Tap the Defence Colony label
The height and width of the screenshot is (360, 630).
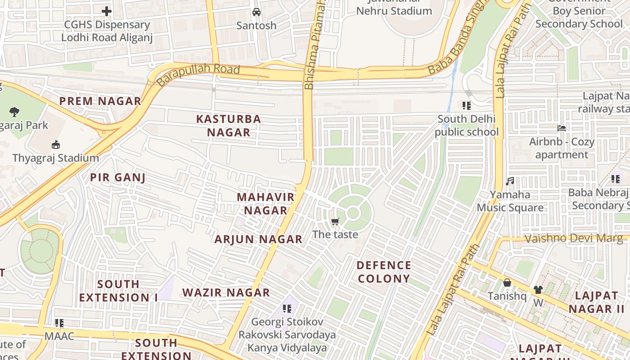pyautogui.click(x=384, y=272)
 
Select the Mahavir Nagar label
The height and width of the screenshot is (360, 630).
pyautogui.click(x=265, y=203)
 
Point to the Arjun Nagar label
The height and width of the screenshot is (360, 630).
pyautogui.click(x=258, y=239)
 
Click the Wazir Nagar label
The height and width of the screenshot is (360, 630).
pyautogui.click(x=226, y=292)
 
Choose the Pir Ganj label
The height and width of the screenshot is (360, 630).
pyautogui.click(x=117, y=177)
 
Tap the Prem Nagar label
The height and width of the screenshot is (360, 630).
pyautogui.click(x=100, y=101)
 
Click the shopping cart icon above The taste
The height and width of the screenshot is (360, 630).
pyautogui.click(x=335, y=221)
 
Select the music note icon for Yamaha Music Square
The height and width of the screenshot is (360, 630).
pyautogui.click(x=510, y=181)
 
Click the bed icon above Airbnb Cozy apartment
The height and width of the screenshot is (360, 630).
pyautogui.click(x=561, y=128)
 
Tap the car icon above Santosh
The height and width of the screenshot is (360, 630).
pyautogui.click(x=256, y=12)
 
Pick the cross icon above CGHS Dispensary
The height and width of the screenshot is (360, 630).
pyautogui.click(x=107, y=11)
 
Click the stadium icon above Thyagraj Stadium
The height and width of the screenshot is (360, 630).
pyautogui.click(x=56, y=145)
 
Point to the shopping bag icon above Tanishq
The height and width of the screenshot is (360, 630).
pyautogui.click(x=507, y=283)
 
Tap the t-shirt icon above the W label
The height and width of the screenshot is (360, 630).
pyautogui.click(x=538, y=290)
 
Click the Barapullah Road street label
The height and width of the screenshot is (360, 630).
pyautogui.click(x=198, y=75)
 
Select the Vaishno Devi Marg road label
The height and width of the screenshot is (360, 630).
pyautogui.click(x=574, y=238)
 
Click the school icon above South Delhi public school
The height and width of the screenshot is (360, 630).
pyautogui.click(x=467, y=106)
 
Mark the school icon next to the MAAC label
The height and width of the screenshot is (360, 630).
pyautogui.click(x=59, y=323)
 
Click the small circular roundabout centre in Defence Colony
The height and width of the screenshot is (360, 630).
pyautogui.click(x=353, y=213)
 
